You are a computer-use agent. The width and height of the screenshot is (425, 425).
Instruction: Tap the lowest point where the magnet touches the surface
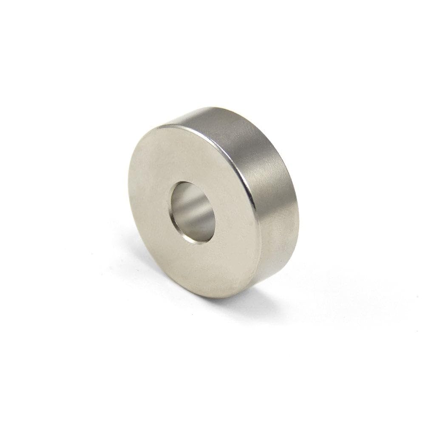pos(221,297)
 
